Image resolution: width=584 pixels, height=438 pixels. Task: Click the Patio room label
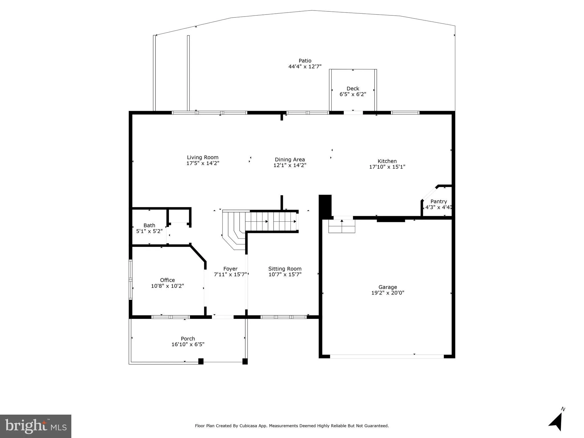point(305,61)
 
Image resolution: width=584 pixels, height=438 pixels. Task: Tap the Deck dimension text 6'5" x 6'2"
point(353,94)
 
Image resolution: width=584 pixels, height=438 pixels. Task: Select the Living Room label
point(203,157)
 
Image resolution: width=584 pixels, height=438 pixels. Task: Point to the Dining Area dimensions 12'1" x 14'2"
point(290,165)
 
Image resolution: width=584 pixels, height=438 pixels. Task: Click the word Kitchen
point(387,161)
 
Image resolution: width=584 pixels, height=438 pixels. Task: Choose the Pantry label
point(438,202)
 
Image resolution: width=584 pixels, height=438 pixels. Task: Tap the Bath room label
point(149,226)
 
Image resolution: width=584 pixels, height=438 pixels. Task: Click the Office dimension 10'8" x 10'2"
point(167,286)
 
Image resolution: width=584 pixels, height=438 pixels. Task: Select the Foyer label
point(230,269)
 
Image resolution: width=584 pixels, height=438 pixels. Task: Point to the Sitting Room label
point(285,269)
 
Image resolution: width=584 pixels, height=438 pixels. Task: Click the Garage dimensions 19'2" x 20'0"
point(387,293)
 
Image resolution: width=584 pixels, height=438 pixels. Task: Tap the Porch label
point(188,339)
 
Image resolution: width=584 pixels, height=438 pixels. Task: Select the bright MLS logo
point(36,426)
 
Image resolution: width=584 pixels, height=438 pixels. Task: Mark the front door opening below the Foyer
point(223,317)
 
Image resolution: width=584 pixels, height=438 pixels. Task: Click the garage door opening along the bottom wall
point(387,356)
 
